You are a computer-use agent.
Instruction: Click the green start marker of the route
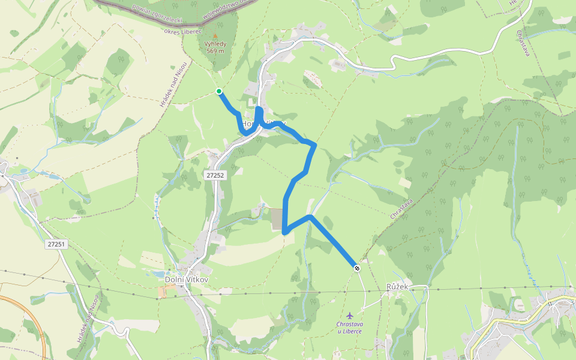click(219, 91)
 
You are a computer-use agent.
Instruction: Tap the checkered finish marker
click(357, 268)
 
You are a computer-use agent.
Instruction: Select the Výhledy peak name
click(215, 44)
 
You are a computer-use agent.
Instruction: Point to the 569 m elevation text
click(215, 51)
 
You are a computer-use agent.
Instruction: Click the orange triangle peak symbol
click(215, 36)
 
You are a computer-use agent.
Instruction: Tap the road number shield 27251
click(55, 244)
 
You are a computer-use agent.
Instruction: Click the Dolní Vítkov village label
click(185, 279)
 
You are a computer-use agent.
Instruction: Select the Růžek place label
click(397, 287)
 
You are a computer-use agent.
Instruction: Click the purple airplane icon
click(350, 315)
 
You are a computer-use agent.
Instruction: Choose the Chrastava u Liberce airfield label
click(349, 328)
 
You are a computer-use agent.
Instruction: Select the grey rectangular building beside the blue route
click(277, 219)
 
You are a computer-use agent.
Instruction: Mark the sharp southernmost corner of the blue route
click(284, 232)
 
